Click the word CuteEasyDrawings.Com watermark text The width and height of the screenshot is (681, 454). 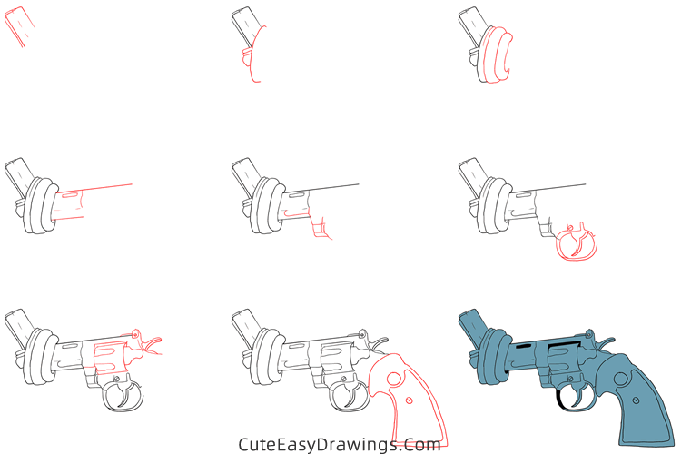coord(340,444)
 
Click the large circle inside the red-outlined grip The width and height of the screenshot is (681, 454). coord(393,372)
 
